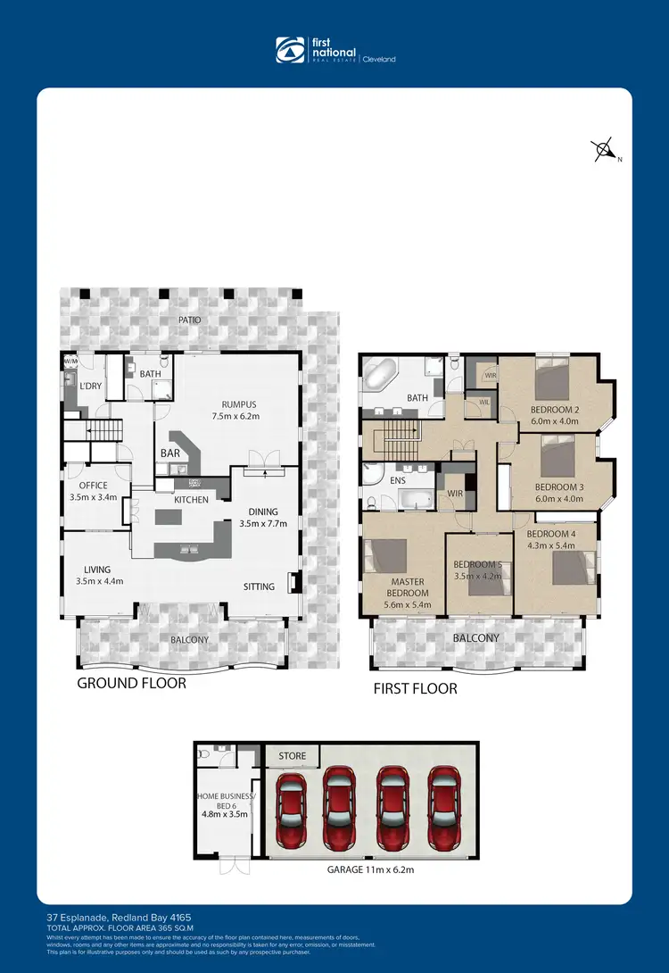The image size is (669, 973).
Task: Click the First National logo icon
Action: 289,51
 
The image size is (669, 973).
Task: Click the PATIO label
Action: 189,320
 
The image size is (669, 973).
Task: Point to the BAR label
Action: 169,453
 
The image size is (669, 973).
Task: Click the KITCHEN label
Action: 191,500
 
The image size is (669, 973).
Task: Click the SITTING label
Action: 260,586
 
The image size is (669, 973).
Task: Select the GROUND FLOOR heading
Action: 132,683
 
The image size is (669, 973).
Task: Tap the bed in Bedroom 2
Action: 552,380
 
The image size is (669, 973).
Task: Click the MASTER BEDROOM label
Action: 407,586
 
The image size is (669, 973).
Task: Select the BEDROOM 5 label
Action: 479,564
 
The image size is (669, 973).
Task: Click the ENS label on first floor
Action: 398,479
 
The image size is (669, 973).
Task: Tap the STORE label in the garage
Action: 292,756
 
